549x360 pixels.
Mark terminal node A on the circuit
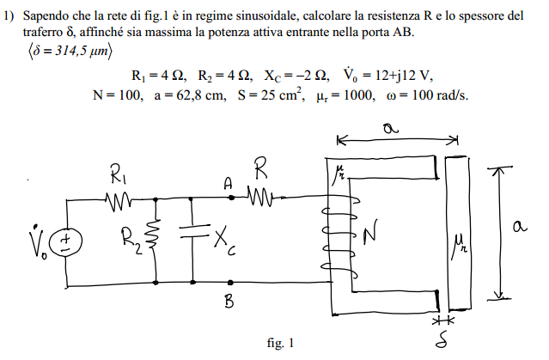(229, 198)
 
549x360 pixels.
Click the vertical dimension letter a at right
(518, 227)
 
